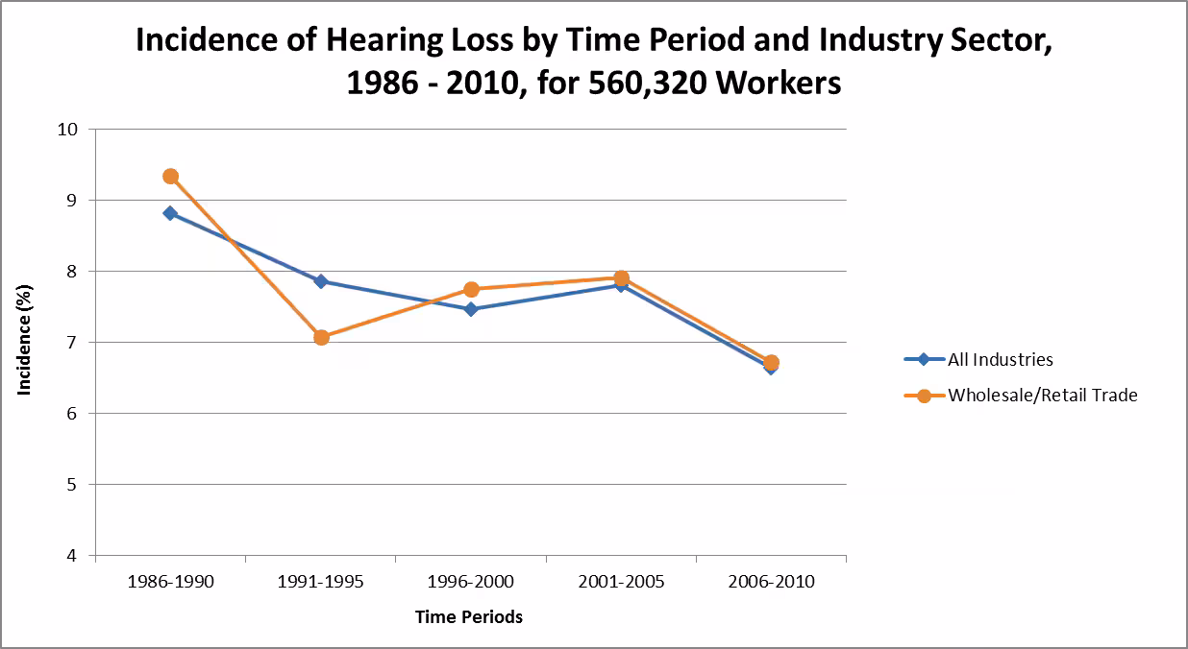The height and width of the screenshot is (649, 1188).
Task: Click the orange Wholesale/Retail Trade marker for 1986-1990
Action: click(x=170, y=177)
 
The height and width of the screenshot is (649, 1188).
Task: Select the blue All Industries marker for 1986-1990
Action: click(x=170, y=213)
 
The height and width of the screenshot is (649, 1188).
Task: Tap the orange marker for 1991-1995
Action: click(x=321, y=337)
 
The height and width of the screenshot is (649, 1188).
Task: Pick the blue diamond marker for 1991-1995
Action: click(x=321, y=281)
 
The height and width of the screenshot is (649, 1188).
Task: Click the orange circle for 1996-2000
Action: click(x=471, y=289)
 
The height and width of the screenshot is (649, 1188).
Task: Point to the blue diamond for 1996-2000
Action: click(x=471, y=309)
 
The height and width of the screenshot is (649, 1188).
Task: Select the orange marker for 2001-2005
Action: click(x=621, y=277)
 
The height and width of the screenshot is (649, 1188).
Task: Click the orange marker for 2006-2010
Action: click(x=771, y=362)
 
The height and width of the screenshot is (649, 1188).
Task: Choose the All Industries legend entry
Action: click(x=1000, y=360)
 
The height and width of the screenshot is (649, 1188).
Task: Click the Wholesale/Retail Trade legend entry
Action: click(x=1042, y=395)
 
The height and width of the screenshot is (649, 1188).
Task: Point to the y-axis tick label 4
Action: click(x=73, y=556)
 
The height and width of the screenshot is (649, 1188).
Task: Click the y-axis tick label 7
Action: click(x=73, y=343)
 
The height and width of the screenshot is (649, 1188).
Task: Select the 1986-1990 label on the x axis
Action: click(x=170, y=583)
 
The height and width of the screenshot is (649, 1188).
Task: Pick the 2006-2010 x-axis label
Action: click(x=771, y=583)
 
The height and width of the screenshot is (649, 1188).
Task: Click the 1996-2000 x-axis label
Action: click(x=471, y=583)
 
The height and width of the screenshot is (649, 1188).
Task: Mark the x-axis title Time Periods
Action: click(x=469, y=617)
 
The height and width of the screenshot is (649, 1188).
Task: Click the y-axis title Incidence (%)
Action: click(x=25, y=342)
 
